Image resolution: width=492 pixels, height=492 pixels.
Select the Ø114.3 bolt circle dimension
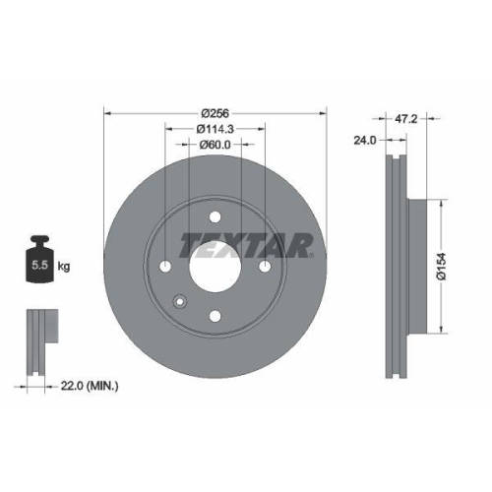pyautogui.click(x=215, y=130)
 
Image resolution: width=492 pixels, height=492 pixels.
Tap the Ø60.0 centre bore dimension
pyautogui.click(x=215, y=146)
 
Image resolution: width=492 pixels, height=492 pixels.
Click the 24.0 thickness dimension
pyautogui.click(x=366, y=141)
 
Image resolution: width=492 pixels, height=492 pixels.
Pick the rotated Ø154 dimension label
pyautogui.click(x=443, y=266)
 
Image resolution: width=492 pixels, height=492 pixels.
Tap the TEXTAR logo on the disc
pyautogui.click(x=246, y=245)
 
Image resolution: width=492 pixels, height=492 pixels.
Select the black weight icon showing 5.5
pyautogui.click(x=40, y=261)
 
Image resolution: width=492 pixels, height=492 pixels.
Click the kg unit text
pyautogui.click(x=65, y=267)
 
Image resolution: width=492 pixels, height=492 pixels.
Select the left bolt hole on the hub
pyautogui.click(x=164, y=269)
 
